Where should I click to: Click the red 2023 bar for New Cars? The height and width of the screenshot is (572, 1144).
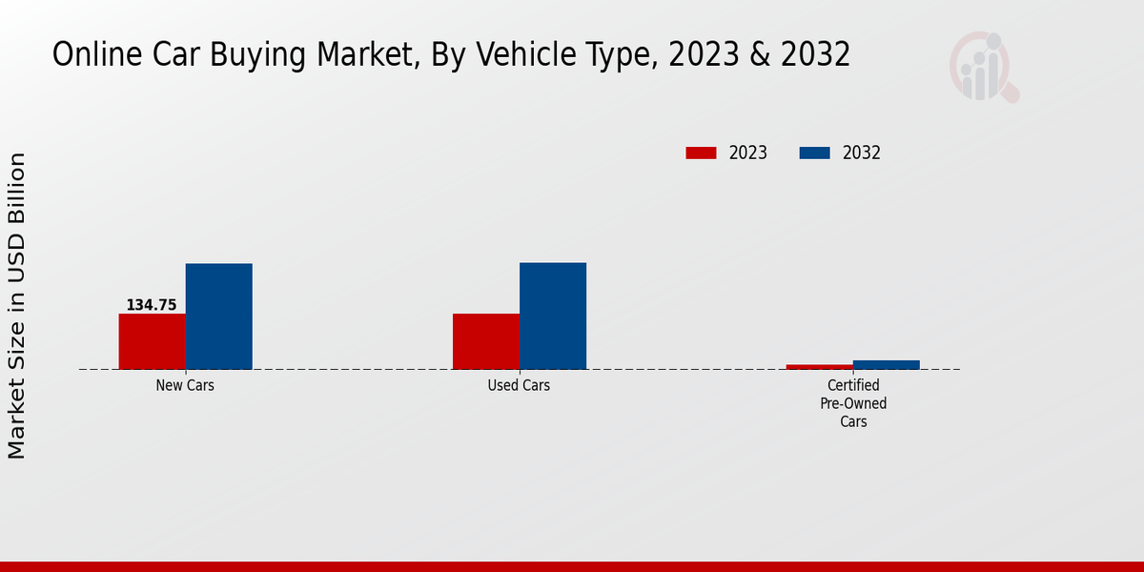click(152, 341)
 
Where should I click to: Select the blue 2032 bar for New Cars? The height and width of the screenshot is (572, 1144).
click(218, 317)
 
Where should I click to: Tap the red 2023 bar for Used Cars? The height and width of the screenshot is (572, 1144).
click(486, 341)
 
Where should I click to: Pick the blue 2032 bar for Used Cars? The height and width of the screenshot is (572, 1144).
click(553, 316)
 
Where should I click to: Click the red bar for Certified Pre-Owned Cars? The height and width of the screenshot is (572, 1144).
click(820, 366)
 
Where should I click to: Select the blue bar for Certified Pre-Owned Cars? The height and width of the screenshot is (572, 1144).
click(887, 364)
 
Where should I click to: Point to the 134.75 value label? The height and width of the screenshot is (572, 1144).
click(152, 305)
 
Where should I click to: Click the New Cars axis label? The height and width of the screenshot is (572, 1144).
click(185, 386)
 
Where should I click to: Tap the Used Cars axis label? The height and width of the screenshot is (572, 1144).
click(519, 386)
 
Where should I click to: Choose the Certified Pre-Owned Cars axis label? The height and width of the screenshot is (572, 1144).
click(853, 403)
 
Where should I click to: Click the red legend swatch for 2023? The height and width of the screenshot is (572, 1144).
click(701, 153)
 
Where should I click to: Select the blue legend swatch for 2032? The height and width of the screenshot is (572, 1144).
click(814, 153)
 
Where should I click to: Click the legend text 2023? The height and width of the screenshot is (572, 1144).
click(748, 153)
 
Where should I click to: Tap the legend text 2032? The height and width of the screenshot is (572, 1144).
click(862, 153)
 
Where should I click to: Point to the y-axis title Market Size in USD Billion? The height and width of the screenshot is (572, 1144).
click(17, 305)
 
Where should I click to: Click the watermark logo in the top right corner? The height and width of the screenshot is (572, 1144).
click(983, 67)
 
